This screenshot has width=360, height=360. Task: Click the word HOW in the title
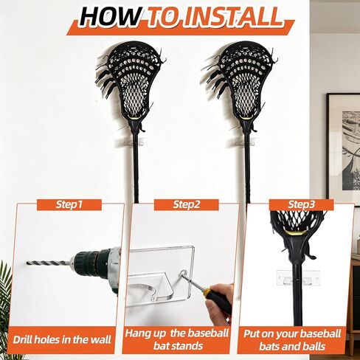[110, 17]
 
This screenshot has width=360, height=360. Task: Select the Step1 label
[69, 204]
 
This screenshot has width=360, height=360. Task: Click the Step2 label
[187, 204]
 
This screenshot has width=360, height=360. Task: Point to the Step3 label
[302, 204]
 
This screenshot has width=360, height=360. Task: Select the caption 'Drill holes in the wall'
[62, 340]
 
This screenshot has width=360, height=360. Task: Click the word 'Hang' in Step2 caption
[138, 333]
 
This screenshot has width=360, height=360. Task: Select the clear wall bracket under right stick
[243, 142]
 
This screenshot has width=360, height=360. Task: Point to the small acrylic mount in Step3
[298, 278]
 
